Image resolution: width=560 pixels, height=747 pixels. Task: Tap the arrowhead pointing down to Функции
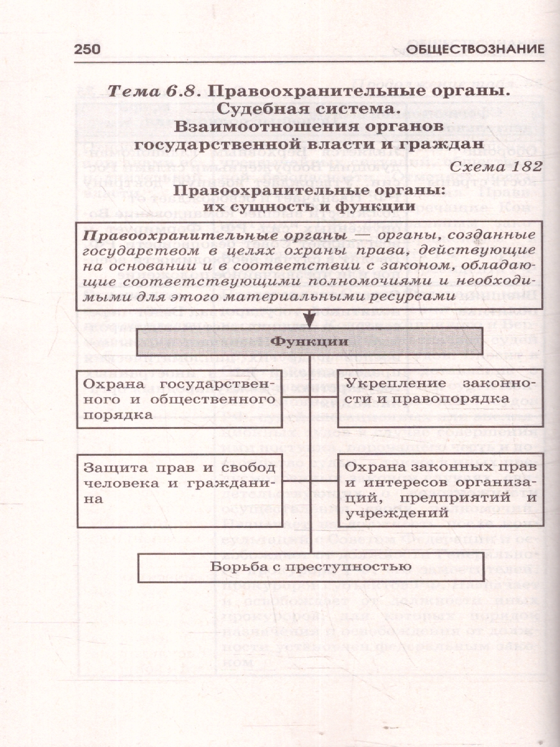(309, 321)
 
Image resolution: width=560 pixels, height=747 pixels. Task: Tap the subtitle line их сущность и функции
(309, 204)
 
